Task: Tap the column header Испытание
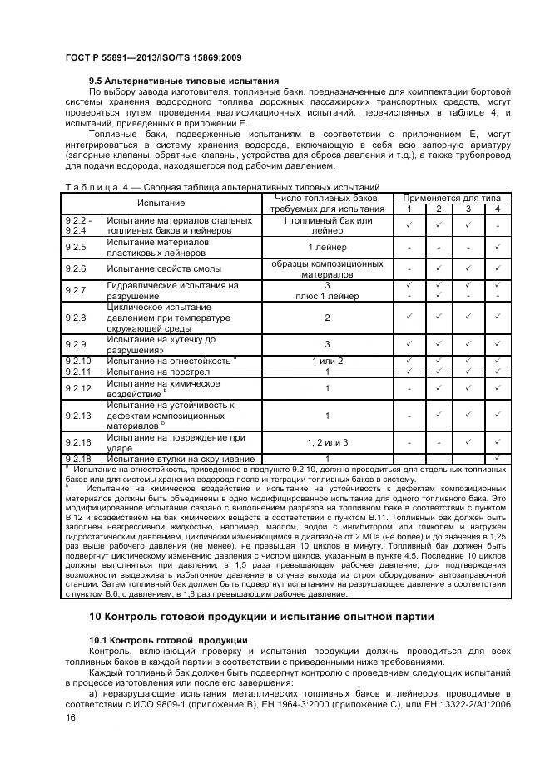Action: (161, 203)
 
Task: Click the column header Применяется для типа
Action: (453, 198)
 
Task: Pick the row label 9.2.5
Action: (77, 247)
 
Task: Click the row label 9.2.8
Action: (77, 318)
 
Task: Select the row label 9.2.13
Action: (79, 415)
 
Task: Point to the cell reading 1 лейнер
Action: (326, 247)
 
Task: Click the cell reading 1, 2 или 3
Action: (326, 442)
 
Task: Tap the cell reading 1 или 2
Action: (326, 360)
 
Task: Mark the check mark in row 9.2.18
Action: (497, 458)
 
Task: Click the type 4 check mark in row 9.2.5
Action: (497, 247)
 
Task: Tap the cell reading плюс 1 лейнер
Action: (326, 294)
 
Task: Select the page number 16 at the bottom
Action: (70, 724)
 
